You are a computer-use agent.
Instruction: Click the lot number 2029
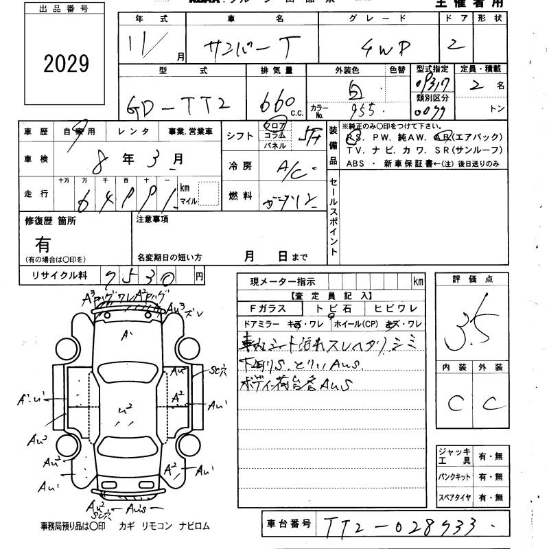(x=66, y=64)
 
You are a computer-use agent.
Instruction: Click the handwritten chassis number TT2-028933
(x=401, y=526)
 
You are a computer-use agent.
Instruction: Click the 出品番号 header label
(x=65, y=9)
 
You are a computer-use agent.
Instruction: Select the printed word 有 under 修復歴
(x=43, y=243)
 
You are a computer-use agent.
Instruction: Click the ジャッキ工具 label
(x=454, y=456)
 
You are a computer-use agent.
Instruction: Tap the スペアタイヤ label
(x=454, y=497)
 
